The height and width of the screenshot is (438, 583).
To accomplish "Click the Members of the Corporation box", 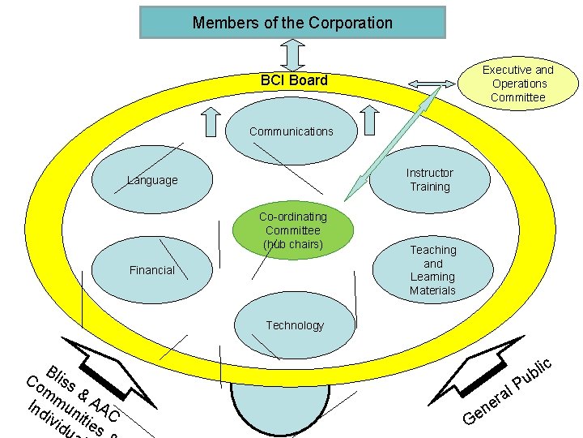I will point(292,23).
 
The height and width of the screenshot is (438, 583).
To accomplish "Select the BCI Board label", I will point(294,79).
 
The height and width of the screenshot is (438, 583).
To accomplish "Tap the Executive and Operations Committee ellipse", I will point(518,84).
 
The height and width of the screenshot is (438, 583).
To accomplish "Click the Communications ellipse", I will point(291,131).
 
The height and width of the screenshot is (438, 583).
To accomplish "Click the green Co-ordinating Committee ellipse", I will point(293,230).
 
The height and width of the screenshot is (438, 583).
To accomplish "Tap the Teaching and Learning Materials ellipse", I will point(432,270).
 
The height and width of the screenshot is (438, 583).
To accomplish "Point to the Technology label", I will point(294,325).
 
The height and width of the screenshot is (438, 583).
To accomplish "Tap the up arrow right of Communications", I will point(369,122).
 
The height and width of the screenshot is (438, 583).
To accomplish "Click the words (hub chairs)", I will point(293,244).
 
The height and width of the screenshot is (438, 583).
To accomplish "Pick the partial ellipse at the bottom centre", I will point(280,410).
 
